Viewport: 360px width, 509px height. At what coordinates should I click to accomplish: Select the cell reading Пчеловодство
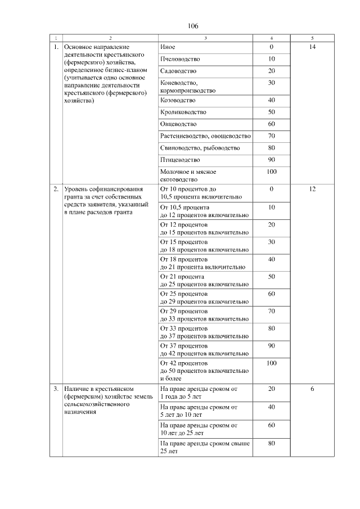(179, 59)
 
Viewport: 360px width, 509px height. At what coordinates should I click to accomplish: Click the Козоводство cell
(178, 100)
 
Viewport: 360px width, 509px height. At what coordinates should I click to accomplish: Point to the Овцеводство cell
(178, 124)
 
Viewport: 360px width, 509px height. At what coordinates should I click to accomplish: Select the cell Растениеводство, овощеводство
(205, 136)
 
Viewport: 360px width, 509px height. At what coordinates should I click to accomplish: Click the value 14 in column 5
(312, 47)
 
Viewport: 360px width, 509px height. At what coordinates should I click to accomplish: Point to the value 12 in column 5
(312, 189)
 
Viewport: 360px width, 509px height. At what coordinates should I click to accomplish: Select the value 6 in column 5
(312, 389)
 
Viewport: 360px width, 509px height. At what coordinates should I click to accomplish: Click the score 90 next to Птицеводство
(271, 160)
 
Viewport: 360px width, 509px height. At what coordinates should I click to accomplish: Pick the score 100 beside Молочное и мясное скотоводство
(271, 172)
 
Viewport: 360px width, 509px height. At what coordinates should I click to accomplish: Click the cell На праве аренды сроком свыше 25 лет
(205, 447)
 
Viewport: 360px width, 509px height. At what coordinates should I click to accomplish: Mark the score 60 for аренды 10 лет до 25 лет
(271, 425)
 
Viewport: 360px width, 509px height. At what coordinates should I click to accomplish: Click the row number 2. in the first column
(56, 189)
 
